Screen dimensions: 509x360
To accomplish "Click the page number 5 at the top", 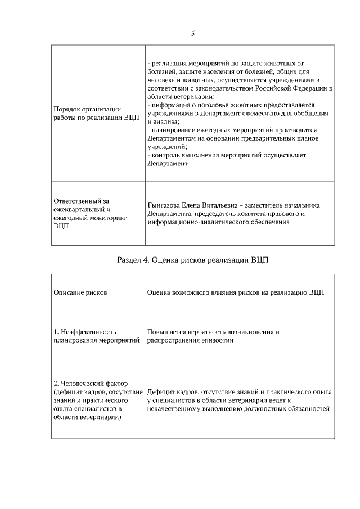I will [x=193, y=34].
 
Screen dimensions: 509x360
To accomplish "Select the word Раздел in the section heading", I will [x=130, y=260].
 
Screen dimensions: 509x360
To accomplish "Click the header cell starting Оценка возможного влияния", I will [x=235, y=292].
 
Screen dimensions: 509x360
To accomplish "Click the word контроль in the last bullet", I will [x=166, y=155].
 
